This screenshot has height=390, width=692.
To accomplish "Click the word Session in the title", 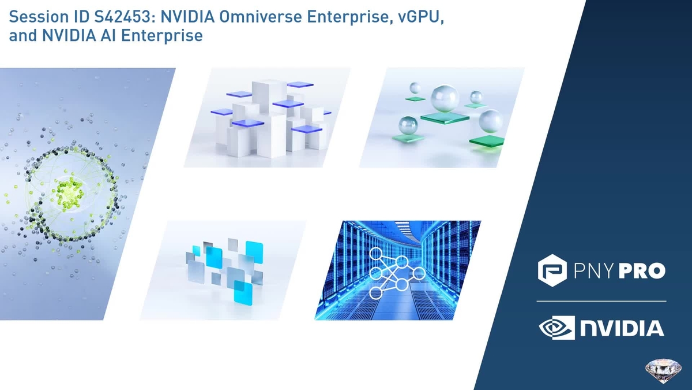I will (x=34, y=18).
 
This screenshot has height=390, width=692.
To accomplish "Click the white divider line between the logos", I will (x=601, y=301).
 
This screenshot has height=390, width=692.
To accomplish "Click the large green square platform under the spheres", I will (x=445, y=118).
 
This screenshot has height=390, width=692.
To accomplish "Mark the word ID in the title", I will (x=69, y=18).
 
